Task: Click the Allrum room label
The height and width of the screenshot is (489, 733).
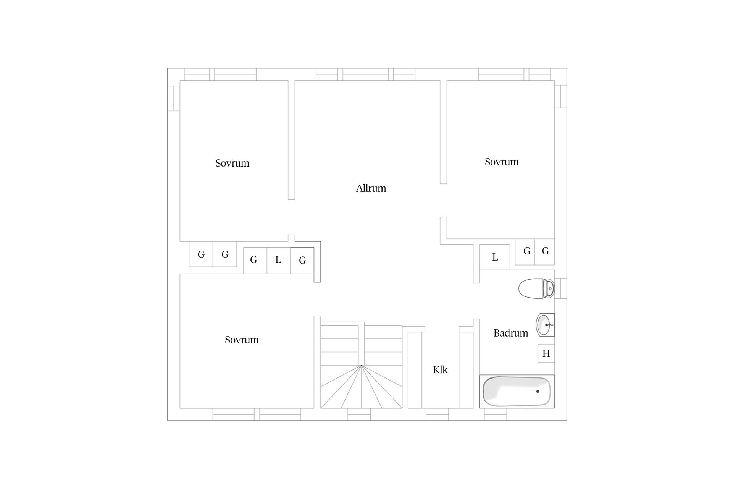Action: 371,188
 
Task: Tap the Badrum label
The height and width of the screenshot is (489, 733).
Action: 510,333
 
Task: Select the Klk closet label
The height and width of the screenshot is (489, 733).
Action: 440,369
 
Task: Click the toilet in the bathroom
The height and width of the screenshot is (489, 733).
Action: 536,288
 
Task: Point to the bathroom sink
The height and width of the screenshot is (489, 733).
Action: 545,325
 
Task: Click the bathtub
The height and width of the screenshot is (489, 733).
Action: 517,391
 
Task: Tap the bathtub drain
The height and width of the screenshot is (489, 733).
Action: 538,391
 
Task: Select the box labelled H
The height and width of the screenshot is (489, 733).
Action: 546,353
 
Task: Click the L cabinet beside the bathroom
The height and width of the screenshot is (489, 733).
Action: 494,257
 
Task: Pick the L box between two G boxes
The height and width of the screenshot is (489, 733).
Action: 278,260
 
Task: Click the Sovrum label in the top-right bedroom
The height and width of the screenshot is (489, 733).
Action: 502,162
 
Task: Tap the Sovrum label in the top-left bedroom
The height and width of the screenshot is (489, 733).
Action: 232,163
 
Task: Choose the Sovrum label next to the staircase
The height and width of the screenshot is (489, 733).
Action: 242,340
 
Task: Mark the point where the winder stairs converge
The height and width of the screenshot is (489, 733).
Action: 361,366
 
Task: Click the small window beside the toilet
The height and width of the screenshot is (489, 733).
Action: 560,288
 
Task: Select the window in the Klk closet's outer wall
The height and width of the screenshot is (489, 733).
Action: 438,414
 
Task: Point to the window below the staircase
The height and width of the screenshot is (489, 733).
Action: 359,414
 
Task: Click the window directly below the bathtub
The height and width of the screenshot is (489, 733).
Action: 496,414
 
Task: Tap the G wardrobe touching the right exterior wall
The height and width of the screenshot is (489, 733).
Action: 545,252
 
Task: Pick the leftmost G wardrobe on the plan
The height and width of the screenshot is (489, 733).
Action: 201,254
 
